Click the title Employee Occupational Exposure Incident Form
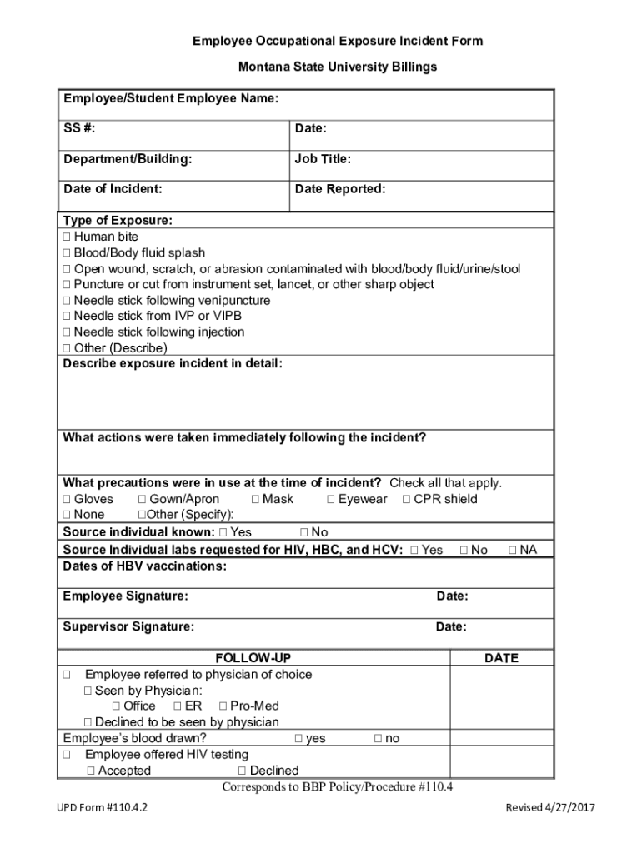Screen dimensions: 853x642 (337, 41)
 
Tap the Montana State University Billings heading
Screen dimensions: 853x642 (337, 67)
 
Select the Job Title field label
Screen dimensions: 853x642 (322, 158)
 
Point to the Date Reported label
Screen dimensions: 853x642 (339, 189)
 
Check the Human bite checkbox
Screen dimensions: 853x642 (67, 237)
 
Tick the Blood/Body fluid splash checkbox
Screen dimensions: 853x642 (67, 253)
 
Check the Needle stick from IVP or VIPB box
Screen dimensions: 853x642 (67, 317)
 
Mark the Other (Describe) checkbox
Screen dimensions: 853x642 (67, 348)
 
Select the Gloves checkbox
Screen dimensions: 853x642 (67, 500)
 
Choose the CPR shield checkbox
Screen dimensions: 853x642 (407, 500)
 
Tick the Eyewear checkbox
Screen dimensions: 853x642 (331, 500)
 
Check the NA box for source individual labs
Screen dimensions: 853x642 (513, 551)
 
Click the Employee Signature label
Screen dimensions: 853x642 (125, 596)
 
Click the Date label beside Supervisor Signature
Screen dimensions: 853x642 (451, 627)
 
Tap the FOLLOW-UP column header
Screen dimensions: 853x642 (253, 658)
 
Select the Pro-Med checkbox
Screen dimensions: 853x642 (223, 706)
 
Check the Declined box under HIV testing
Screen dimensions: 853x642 (242, 771)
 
